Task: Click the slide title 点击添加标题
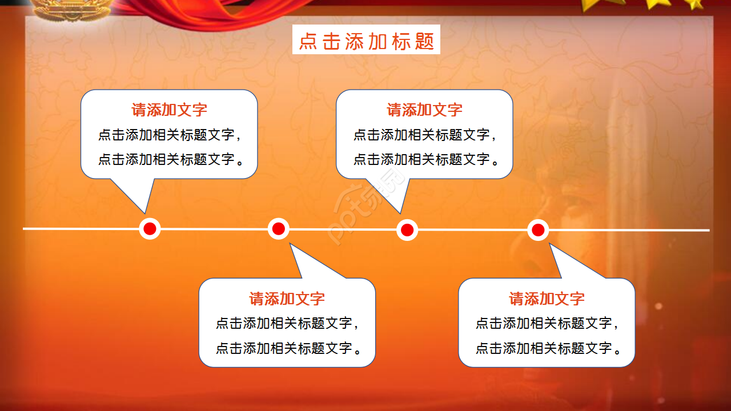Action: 366,40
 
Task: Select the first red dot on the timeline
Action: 150,229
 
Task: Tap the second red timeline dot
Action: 278,229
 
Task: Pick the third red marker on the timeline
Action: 407,230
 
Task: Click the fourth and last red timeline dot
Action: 537,230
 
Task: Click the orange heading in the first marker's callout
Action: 169,110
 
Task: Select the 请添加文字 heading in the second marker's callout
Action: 287,299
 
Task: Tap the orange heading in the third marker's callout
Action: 424,110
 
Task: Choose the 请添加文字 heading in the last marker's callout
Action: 547,299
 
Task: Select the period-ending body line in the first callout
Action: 171,159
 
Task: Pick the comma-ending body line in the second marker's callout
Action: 287,324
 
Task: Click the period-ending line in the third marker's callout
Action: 426,159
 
